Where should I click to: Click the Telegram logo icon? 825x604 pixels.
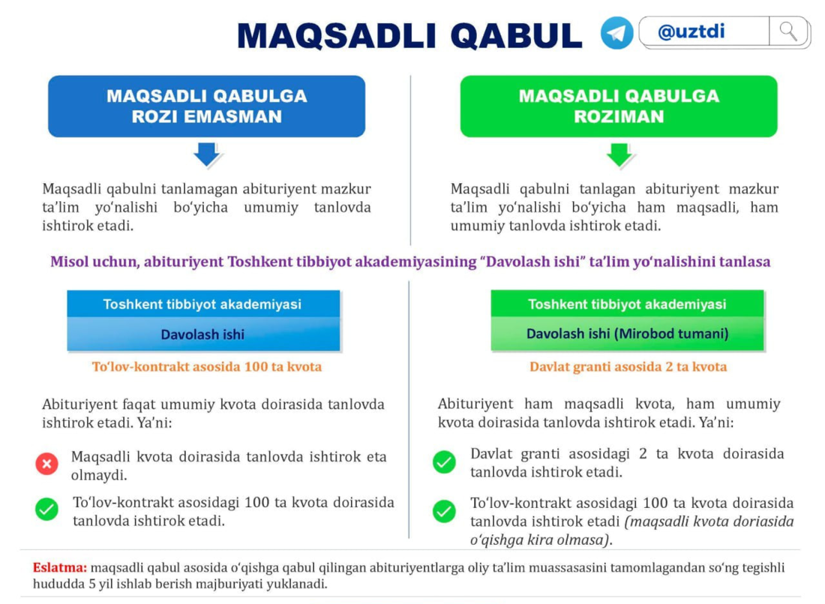pyautogui.click(x=616, y=33)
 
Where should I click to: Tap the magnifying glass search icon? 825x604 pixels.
pyautogui.click(x=788, y=32)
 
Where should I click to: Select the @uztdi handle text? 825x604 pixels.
pyautogui.click(x=691, y=32)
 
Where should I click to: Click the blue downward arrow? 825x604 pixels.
pyautogui.click(x=207, y=155)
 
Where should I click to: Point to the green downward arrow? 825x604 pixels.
pyautogui.click(x=619, y=155)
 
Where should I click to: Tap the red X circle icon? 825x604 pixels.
pyautogui.click(x=46, y=464)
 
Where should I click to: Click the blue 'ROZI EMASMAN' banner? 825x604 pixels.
pyautogui.click(x=207, y=107)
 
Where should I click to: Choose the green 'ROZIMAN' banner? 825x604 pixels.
pyautogui.click(x=619, y=107)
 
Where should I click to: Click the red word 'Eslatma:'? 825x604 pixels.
pyautogui.click(x=59, y=567)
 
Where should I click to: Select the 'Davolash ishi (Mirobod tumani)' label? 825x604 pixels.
pyautogui.click(x=627, y=334)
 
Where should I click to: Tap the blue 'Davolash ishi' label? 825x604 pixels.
pyautogui.click(x=203, y=335)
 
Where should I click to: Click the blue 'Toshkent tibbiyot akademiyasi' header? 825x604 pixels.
pyautogui.click(x=203, y=305)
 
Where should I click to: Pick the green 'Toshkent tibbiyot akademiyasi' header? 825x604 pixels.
pyautogui.click(x=627, y=304)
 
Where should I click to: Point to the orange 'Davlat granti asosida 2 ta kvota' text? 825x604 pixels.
pyautogui.click(x=628, y=366)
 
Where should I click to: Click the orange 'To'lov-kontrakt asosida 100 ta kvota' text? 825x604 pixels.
pyautogui.click(x=207, y=366)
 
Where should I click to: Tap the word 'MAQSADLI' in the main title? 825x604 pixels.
pyautogui.click(x=337, y=36)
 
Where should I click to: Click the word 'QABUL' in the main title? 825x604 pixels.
pyautogui.click(x=516, y=36)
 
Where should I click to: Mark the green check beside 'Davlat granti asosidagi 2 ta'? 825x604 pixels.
pyautogui.click(x=445, y=462)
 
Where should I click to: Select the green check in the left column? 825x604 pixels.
pyautogui.click(x=46, y=509)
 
